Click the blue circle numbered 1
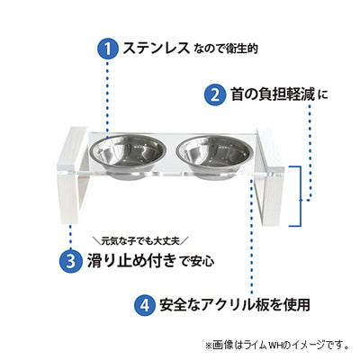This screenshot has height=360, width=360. point(108,49)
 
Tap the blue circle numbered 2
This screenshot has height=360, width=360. point(215,94)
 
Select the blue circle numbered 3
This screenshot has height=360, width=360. point(71,261)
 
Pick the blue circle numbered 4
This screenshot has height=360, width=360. point(145,305)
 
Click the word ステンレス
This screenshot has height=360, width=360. point(156,49)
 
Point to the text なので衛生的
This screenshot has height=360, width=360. point(226,49)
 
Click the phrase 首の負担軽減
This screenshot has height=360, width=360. point(273,94)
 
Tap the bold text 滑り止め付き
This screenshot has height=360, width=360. point(131,261)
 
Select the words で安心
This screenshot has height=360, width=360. point(197,262)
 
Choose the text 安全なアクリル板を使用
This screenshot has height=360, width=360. point(235,305)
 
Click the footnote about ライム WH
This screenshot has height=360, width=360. point(278,345)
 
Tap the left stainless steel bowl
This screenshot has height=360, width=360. point(129,157)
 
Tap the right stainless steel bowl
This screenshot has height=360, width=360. point(213,157)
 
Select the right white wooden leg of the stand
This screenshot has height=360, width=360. point(270,178)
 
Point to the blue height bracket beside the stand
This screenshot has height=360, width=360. point(300,195)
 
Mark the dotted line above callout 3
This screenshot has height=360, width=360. point(71,237)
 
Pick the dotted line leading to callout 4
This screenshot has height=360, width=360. point(251,236)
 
